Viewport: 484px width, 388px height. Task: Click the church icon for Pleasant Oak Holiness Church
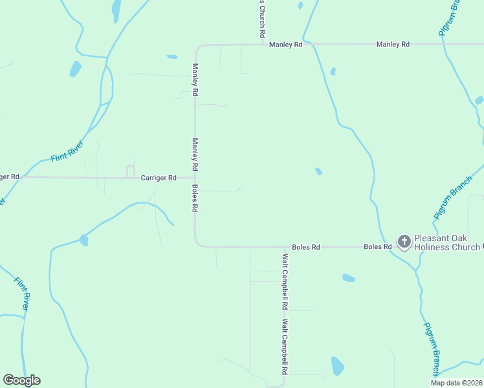coord(404,242)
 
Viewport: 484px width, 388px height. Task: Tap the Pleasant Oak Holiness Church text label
coord(446,242)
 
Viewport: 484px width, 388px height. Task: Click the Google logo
coord(21,380)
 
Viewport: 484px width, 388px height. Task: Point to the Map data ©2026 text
coord(456,382)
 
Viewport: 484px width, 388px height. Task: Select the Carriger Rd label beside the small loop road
coord(159,177)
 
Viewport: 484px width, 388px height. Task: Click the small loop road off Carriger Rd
coord(130,171)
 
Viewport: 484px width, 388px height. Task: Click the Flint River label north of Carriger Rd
coord(67,151)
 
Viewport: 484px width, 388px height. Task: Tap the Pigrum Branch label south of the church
coord(432,349)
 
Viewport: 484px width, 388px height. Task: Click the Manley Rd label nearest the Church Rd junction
coord(286,45)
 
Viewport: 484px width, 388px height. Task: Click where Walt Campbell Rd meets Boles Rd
coord(285,247)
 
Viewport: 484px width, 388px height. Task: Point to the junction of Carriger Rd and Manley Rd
coord(195,177)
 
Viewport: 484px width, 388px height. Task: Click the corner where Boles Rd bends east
coord(197,245)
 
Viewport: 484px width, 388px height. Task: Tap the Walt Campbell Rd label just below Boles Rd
coord(284,280)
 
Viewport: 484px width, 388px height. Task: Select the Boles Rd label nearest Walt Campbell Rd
coord(306,247)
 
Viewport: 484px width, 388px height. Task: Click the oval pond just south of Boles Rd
coord(348,278)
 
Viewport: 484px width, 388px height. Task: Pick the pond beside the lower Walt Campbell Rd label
coord(337,366)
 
